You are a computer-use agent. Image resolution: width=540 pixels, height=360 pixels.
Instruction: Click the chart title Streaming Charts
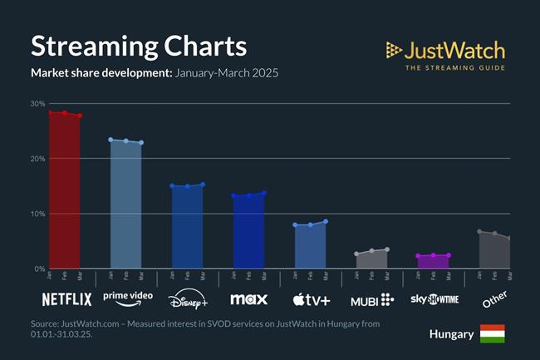139,46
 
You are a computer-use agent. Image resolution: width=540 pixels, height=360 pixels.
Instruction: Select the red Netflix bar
64,191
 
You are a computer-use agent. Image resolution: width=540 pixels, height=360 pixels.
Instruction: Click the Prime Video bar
125,205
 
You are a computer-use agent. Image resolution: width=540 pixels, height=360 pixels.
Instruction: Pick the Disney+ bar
187,227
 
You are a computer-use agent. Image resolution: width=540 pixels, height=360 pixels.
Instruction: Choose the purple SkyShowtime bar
433,262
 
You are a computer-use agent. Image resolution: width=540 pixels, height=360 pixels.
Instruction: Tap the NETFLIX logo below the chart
66,298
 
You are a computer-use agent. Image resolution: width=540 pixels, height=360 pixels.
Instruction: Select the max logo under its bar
248,298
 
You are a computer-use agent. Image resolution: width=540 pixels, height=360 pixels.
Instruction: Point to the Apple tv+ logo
311,298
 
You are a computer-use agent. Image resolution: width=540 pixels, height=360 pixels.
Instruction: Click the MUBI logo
372,298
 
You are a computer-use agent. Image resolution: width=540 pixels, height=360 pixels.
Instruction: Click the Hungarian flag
492,334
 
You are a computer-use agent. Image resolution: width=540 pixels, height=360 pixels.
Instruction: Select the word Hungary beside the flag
452,334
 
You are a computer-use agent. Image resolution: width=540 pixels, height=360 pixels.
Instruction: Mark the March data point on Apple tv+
326,221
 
